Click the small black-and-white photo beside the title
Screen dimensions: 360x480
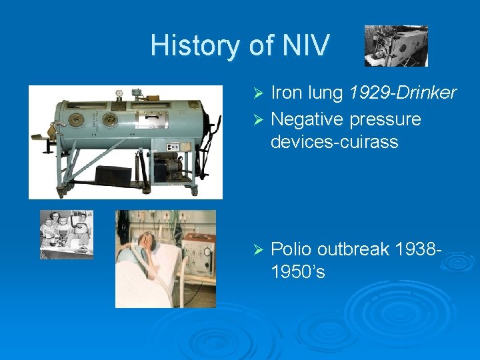click(x=396, y=46)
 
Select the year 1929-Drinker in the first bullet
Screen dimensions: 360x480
click(x=402, y=93)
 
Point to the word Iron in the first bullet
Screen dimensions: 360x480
click(x=287, y=93)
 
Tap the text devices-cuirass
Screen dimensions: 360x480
click(x=334, y=141)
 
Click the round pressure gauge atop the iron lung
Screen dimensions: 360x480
click(x=119, y=94)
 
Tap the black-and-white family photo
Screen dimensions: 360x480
click(x=67, y=234)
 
